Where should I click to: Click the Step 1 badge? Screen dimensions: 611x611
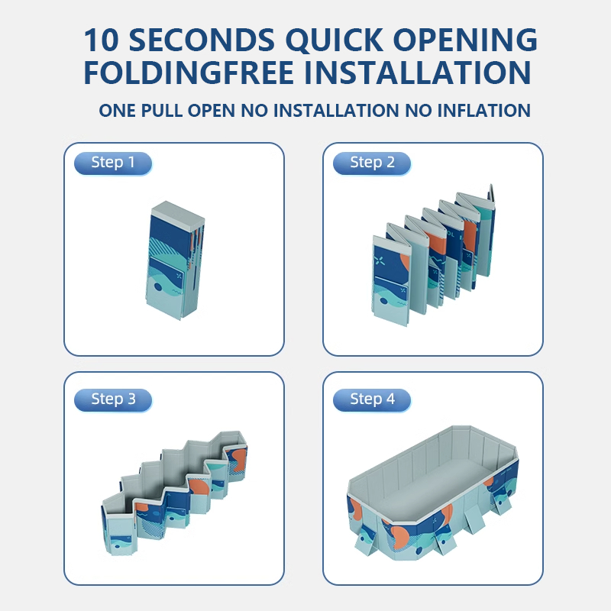tap(113, 163)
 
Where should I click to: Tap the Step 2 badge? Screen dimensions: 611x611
tap(372, 163)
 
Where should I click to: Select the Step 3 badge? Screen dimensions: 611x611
tap(113, 399)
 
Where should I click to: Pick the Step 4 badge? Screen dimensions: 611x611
tap(372, 399)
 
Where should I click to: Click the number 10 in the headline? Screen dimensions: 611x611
tap(101, 40)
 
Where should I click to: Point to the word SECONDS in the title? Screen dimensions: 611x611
tap(202, 40)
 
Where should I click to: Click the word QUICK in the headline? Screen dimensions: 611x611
tap(335, 40)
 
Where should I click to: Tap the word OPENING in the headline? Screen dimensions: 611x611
tap(465, 40)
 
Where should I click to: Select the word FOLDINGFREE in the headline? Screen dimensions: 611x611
tap(189, 73)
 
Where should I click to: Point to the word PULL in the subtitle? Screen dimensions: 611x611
tap(161, 111)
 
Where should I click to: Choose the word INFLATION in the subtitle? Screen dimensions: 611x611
tap(483, 111)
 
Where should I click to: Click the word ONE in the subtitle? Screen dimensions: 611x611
tap(118, 111)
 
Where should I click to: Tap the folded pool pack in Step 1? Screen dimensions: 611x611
tap(175, 260)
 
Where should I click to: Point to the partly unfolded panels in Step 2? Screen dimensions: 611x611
tap(433, 255)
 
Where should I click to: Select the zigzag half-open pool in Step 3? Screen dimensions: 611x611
tap(175, 493)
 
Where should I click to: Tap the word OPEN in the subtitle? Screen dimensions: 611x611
tap(212, 111)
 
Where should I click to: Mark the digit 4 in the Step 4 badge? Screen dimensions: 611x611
tap(390, 399)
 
